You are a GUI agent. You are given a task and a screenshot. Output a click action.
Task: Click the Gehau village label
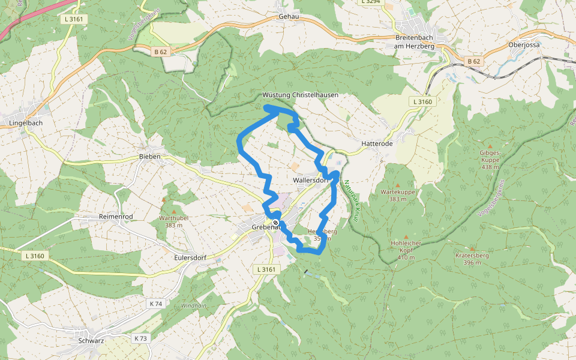coord(289,17)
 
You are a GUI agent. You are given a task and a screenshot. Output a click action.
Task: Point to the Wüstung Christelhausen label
coord(300,95)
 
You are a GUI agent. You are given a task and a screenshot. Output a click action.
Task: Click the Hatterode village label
coord(377,144)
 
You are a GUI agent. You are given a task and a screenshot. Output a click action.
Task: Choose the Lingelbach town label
coord(26,122)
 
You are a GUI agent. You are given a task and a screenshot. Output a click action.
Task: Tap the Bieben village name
coord(149,157)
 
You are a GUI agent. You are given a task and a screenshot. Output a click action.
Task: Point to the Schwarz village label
coord(91,341)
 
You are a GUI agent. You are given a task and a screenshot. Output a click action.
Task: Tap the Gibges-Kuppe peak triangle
coord(490,146)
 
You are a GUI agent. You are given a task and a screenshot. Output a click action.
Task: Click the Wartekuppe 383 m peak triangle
coord(398,185)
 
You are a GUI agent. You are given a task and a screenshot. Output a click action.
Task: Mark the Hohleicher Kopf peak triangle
coord(406,237)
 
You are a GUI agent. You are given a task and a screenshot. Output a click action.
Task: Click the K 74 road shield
coord(155,304)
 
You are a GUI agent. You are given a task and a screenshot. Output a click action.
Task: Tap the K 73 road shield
coord(140,338)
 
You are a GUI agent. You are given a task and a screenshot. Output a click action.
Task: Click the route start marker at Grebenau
coord(275,223)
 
